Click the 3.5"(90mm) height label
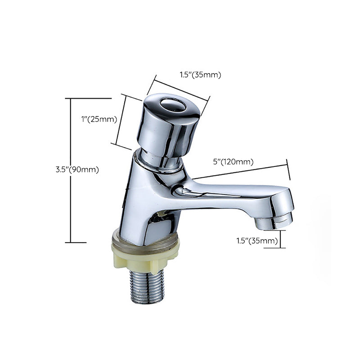[77, 170]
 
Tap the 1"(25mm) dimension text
[99, 119]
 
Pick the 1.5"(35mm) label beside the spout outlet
[257, 241]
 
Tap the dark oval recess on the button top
[173, 105]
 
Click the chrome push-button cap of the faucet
[167, 128]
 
